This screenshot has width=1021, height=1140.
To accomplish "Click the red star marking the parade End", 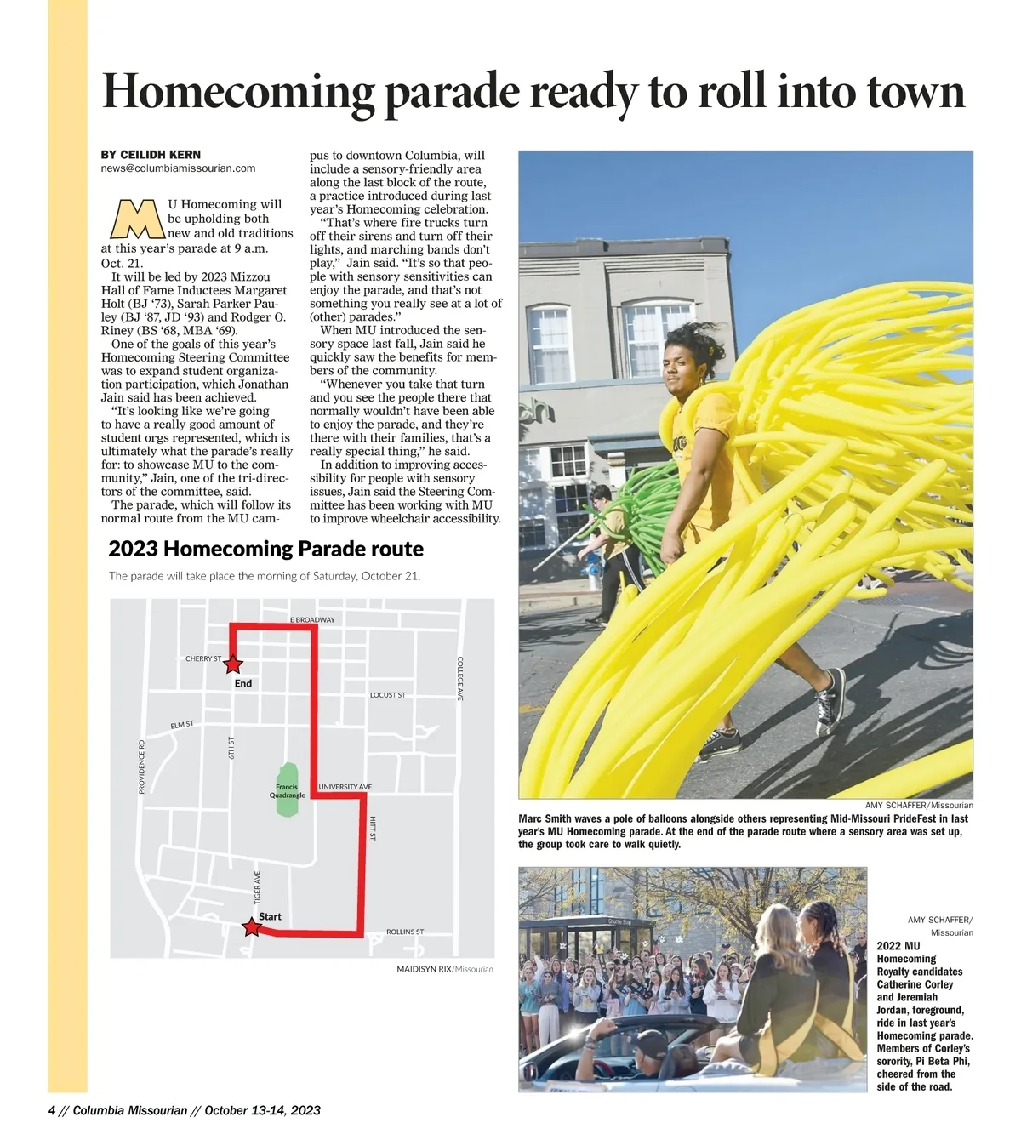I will click(233, 664).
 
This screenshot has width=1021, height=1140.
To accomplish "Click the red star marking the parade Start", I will click(252, 927).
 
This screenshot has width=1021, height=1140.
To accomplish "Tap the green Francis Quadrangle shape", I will click(288, 790).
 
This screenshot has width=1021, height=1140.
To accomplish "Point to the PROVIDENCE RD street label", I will click(142, 767).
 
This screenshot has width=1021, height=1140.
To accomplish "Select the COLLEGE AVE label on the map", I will click(460, 678).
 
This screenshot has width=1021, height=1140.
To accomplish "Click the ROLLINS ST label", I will click(405, 932).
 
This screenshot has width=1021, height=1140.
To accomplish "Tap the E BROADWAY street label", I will click(312, 619).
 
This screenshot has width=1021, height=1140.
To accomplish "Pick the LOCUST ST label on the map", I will click(388, 695).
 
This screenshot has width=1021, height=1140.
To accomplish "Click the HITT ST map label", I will click(373, 829).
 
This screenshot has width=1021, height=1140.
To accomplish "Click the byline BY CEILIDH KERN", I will click(151, 155).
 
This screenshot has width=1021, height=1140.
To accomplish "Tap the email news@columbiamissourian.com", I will click(178, 168).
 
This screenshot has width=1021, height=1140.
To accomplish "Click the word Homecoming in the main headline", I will click(238, 92).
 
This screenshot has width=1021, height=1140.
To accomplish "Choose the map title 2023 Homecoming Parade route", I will click(265, 549).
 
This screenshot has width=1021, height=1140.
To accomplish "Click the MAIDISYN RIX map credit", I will click(424, 969).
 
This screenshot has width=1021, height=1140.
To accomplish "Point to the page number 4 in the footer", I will click(52, 1110).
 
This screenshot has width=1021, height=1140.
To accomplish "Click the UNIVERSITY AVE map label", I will click(345, 787).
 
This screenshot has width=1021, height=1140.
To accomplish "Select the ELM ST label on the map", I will click(182, 725).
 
